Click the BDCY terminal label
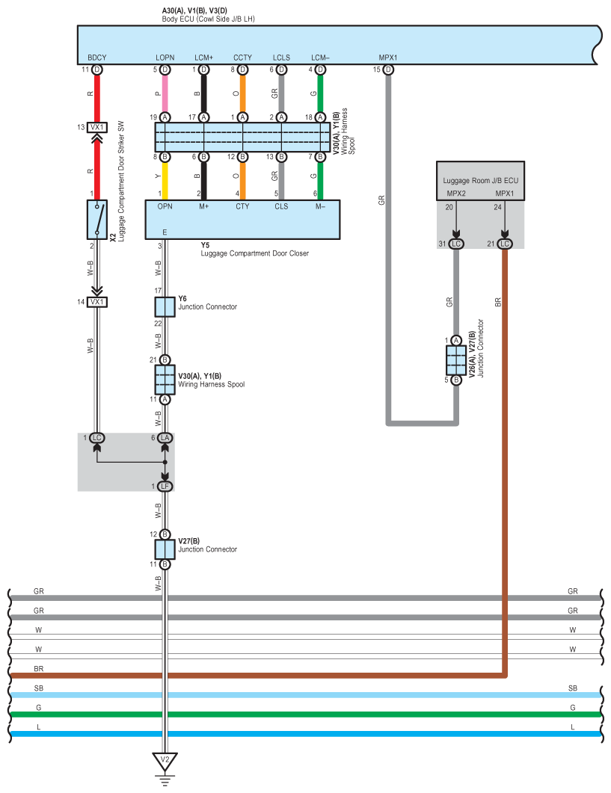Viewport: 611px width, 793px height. [x=96, y=58]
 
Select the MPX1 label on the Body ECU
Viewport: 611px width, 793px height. [x=388, y=58]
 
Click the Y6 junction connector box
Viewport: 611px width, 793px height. [x=165, y=306]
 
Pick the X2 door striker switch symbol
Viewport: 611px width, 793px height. [x=96, y=219]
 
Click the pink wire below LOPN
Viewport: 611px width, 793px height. [x=165, y=93]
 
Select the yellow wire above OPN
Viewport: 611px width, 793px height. [x=165, y=178]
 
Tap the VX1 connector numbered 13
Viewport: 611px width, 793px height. [x=96, y=127]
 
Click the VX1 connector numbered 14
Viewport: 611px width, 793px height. [x=96, y=302]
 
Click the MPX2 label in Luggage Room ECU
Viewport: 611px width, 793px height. [x=455, y=194]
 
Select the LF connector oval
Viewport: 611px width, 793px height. [x=165, y=487]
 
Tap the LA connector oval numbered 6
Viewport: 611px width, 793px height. [x=165, y=437]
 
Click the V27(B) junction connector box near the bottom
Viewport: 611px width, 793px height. [x=165, y=549]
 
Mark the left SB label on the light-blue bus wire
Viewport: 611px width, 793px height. [x=38, y=688]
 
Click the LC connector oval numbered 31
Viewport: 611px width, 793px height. [x=455, y=244]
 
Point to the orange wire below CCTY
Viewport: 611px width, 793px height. [x=242, y=93]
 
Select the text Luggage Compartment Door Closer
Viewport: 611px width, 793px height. [x=254, y=253]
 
